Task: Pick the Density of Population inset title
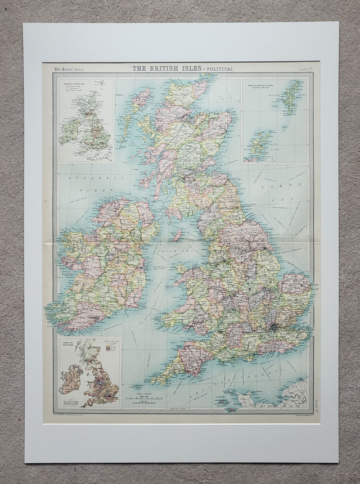(69, 345)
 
